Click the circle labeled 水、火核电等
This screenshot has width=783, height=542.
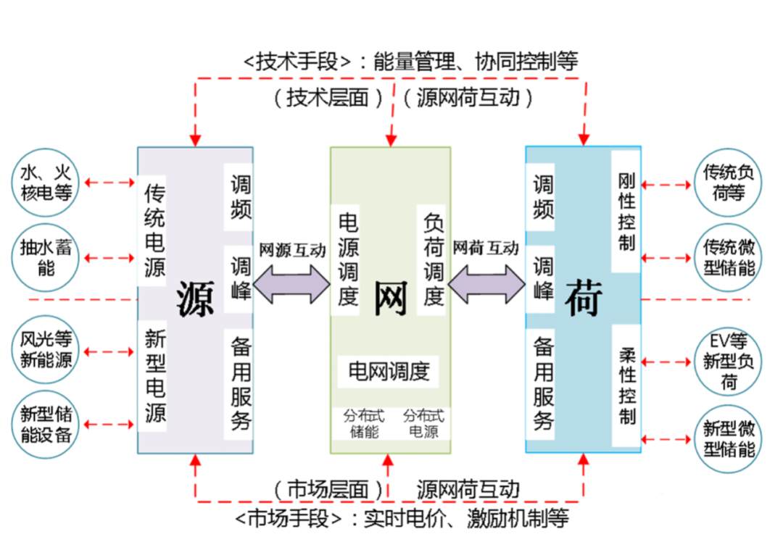click(45, 183)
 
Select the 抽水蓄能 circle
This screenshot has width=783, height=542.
click(45, 258)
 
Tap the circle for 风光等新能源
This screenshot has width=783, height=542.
click(45, 349)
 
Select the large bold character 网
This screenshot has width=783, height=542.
click(390, 297)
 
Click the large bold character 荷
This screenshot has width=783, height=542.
click(584, 297)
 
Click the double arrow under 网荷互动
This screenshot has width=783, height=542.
click(486, 283)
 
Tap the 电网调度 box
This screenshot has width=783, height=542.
click(389, 372)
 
